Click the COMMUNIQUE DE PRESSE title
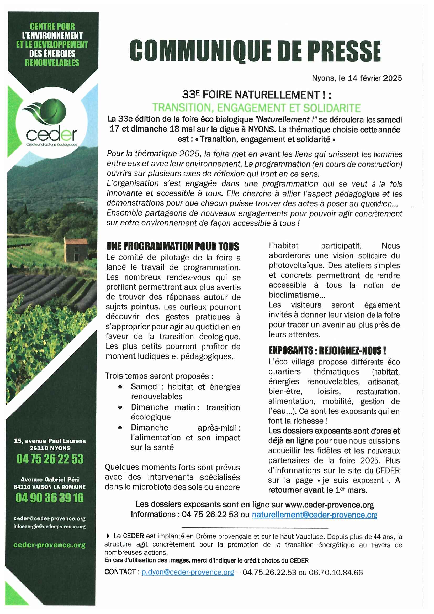tap(255, 51)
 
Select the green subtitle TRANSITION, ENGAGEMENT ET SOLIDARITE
tap(256, 108)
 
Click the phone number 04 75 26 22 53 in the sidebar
tap(50, 459)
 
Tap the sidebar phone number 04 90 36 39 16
tap(50, 498)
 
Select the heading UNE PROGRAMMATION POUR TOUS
tap(172, 246)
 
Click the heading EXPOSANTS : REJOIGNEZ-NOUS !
tap(327, 350)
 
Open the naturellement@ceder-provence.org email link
tap(314, 515)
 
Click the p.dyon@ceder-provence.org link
tap(188, 572)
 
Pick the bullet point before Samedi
tap(120, 387)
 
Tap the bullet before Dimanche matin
tap(120, 407)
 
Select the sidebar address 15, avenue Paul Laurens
tap(50, 441)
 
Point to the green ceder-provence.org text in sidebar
tap(49, 545)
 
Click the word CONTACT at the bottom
tap(120, 572)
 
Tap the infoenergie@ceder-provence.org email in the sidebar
tap(49, 527)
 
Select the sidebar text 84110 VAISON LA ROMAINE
tap(50, 487)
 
